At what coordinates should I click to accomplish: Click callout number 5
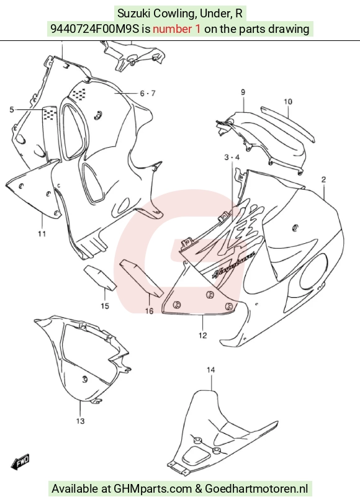(12, 110)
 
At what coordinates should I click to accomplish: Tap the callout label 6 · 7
(148, 93)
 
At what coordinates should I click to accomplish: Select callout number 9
(243, 92)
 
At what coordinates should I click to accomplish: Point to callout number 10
(288, 102)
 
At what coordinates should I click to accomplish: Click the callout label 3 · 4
(232, 157)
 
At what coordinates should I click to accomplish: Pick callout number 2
(323, 179)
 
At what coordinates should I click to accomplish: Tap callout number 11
(42, 234)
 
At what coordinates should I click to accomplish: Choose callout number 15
(105, 306)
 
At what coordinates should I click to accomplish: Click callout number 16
(149, 310)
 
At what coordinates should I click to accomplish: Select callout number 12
(203, 335)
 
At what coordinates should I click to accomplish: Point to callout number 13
(81, 421)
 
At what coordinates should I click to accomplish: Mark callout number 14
(211, 370)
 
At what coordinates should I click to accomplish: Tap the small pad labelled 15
(99, 277)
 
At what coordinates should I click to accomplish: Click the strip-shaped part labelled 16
(142, 278)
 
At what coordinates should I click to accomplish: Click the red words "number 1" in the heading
(177, 29)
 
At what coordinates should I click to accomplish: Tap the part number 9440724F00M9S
(95, 29)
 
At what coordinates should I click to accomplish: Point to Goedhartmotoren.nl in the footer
(256, 489)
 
